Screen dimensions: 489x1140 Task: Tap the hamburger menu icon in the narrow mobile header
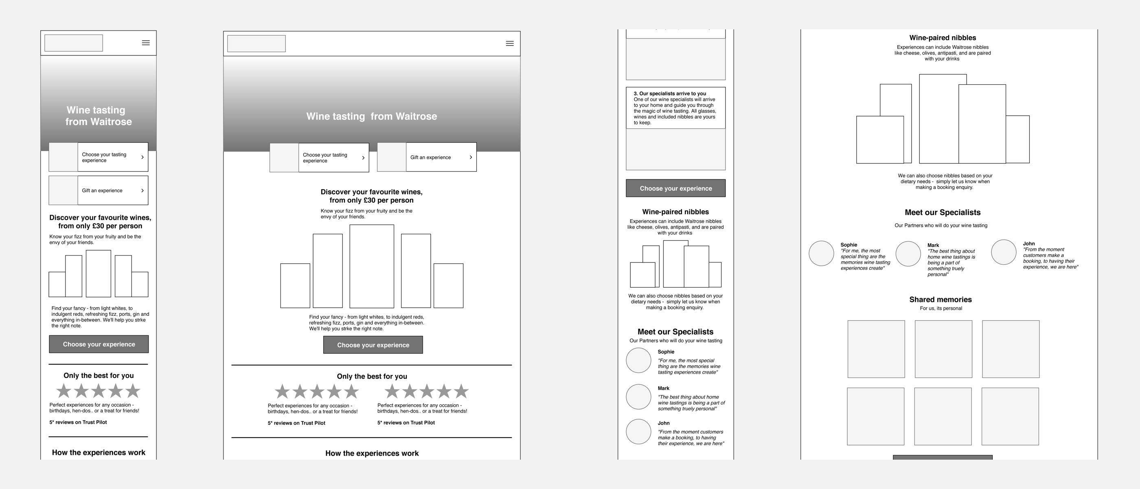click(146, 43)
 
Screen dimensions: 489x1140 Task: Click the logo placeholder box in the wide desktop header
click(256, 44)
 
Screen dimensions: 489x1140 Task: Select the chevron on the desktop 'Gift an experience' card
click(470, 157)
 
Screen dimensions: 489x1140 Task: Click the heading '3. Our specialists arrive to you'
click(670, 93)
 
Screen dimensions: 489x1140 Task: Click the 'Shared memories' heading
click(940, 300)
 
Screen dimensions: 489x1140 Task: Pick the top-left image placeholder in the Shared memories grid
click(876, 349)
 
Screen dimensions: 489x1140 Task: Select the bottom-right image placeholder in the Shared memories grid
click(1010, 416)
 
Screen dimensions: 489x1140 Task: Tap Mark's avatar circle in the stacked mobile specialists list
click(638, 396)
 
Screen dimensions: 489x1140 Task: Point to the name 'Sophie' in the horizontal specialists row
click(848, 244)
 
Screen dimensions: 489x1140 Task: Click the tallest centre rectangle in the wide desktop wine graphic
click(371, 266)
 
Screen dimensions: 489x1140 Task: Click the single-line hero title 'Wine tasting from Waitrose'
click(371, 117)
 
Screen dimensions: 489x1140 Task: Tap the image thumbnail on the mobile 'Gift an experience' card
click(63, 190)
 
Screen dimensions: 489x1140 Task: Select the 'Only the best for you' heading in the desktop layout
click(372, 376)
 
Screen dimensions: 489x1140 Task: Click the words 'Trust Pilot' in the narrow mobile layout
click(94, 422)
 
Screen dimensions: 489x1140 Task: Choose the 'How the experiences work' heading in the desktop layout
click(372, 453)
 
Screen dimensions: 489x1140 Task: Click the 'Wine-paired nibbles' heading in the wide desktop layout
click(942, 37)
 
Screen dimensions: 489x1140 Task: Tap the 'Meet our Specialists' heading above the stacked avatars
click(675, 332)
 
